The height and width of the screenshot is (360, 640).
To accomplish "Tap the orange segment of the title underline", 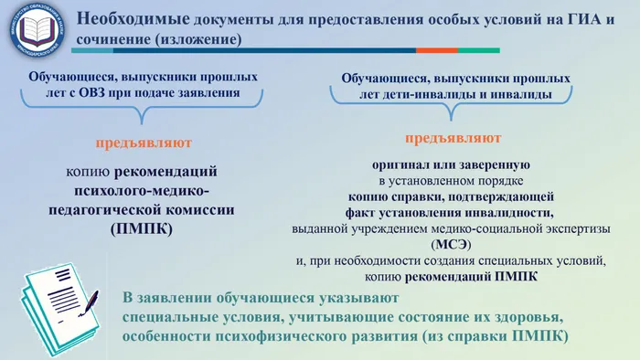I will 435,51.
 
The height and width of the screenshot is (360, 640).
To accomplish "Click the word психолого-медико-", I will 140,190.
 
